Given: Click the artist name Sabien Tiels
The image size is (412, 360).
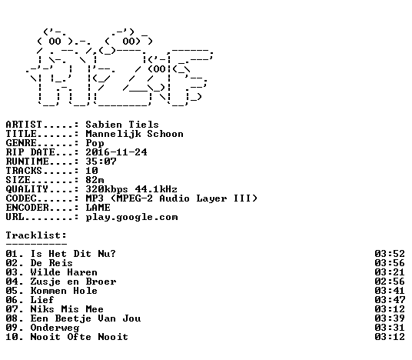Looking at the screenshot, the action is coord(122,125).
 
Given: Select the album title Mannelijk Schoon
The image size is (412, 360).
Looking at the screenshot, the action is coord(135,134).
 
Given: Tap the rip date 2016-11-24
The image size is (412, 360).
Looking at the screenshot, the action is coord(116,152).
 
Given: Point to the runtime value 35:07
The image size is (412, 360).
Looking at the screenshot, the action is coord(101,162).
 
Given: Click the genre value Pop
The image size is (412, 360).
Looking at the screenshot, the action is coord(95,143).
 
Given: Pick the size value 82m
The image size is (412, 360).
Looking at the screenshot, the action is coord(95,180).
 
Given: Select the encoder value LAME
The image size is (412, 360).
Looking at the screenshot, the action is coord(98,208).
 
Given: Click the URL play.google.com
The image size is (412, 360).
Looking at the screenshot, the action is coord(131,218).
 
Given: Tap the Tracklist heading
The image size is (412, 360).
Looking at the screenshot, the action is coord(36,235).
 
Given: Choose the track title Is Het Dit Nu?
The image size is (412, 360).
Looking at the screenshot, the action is coord(73,254).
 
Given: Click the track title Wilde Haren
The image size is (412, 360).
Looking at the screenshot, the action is coord(64,272).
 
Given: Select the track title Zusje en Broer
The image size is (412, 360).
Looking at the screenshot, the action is coord(73,282).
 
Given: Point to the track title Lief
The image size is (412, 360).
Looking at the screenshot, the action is coord(42,300).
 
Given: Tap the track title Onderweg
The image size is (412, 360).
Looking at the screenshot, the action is coord(55,328).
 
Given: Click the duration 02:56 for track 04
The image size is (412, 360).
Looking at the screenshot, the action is coord(390,282).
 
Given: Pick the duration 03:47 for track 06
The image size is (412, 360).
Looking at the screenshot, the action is coord(390,300).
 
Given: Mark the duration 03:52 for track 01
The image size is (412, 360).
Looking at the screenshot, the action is coord(390,254).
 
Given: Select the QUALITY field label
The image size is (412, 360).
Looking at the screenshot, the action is coord(27,189).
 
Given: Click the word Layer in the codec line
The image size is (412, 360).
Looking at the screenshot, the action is coord(211,198).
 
